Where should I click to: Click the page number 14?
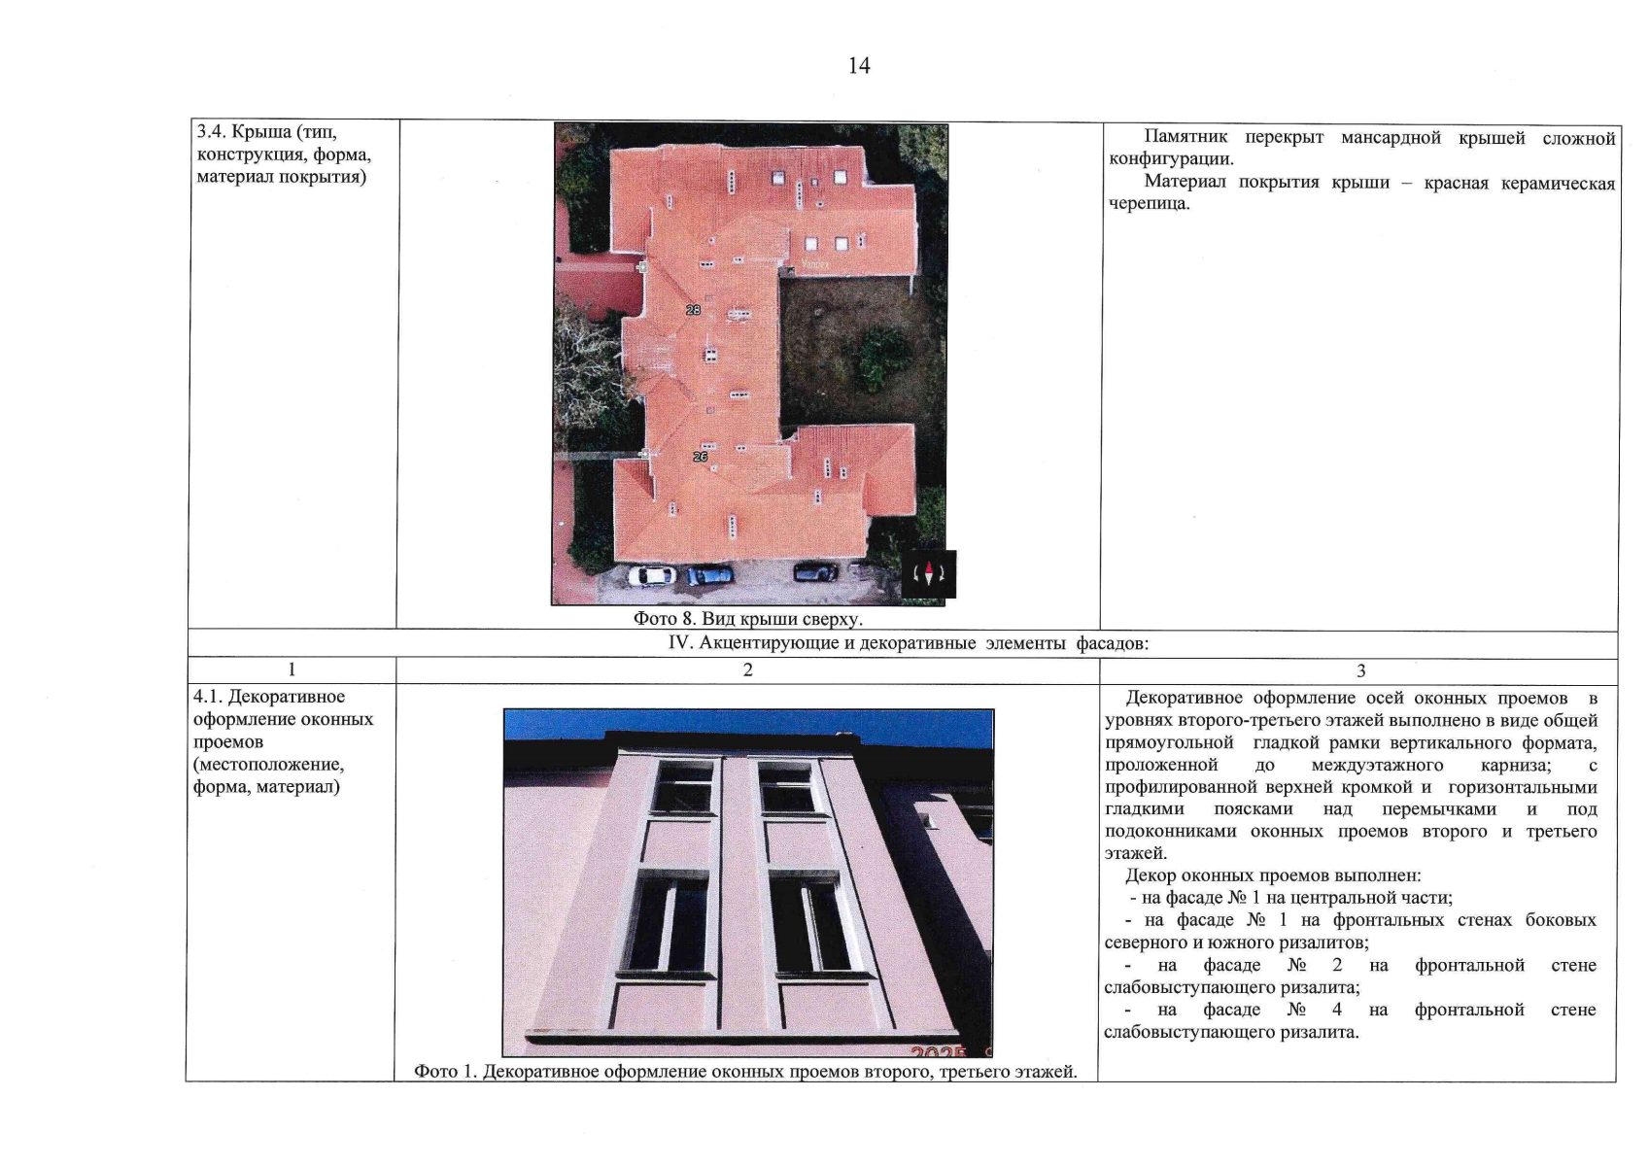(x=859, y=66)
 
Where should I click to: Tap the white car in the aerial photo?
(x=651, y=575)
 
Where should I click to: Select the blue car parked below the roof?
(x=709, y=574)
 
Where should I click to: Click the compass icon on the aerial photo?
(x=928, y=573)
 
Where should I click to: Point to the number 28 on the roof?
(x=694, y=310)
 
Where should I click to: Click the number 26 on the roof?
(x=700, y=457)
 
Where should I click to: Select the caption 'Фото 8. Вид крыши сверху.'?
(x=748, y=618)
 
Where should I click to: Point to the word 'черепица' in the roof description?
(x=1150, y=204)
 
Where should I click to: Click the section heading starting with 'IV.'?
(x=909, y=642)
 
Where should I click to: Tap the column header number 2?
(x=748, y=669)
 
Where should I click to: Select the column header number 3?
(x=1361, y=670)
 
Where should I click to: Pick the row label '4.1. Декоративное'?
(x=269, y=697)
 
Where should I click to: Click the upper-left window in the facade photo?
(x=683, y=787)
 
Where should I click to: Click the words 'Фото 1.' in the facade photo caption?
(x=445, y=1071)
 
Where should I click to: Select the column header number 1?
(x=292, y=669)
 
